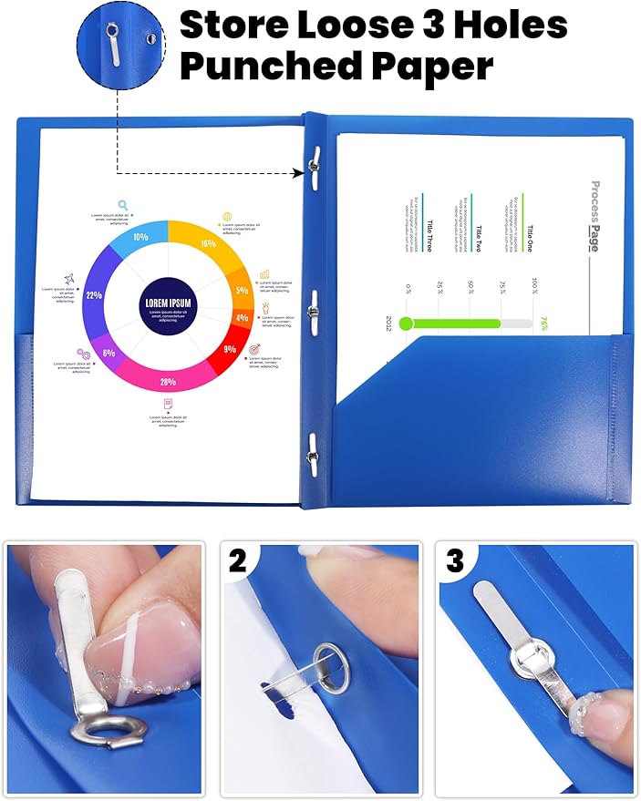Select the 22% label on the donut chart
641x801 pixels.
tap(93, 295)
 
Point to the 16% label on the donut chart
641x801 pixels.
tap(209, 243)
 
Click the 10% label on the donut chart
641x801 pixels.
tap(140, 236)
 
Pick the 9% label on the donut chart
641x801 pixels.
tap(230, 349)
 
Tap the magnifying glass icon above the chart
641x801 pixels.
tap(122, 205)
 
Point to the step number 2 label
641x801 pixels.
tap(238, 560)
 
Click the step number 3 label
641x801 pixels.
tap(454, 560)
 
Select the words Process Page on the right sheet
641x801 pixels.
tap(594, 216)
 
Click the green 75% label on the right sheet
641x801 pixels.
tap(543, 323)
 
